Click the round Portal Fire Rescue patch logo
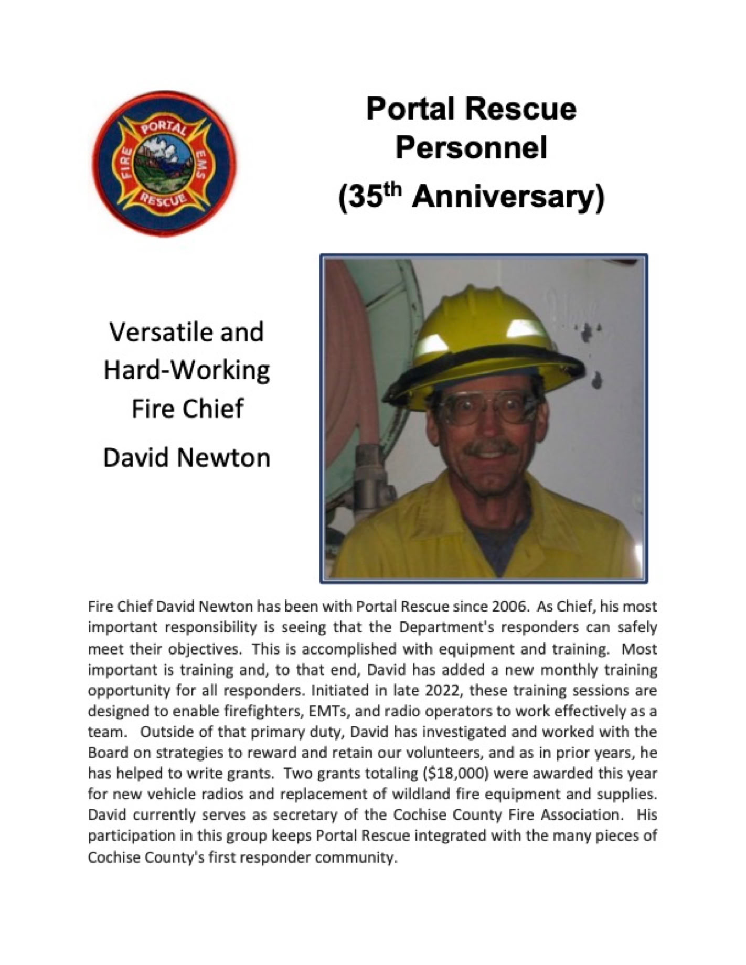pyautogui.click(x=164, y=164)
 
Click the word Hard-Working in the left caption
pyautogui.click(x=187, y=371)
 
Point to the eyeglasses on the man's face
pyautogui.click(x=486, y=406)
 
